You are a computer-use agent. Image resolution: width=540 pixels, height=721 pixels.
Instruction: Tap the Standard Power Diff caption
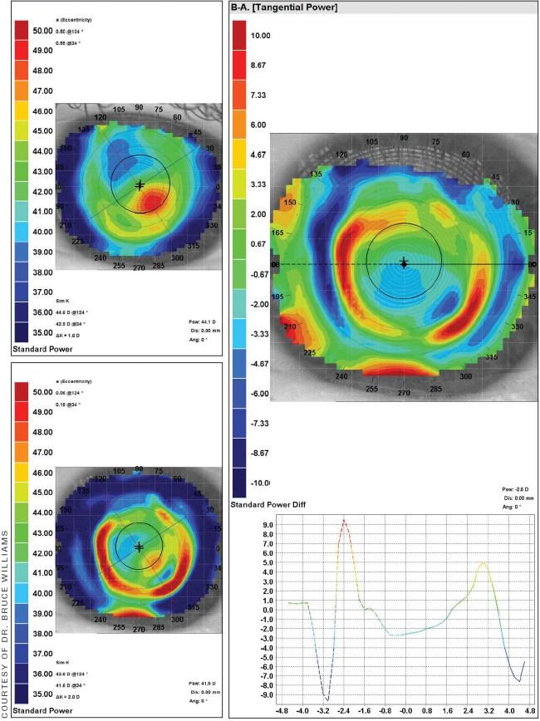271,504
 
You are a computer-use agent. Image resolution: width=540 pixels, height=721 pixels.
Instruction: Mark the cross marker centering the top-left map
140,185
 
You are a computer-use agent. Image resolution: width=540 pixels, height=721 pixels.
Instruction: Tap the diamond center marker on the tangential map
404,264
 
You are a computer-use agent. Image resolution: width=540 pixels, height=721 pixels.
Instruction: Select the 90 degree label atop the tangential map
404,138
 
